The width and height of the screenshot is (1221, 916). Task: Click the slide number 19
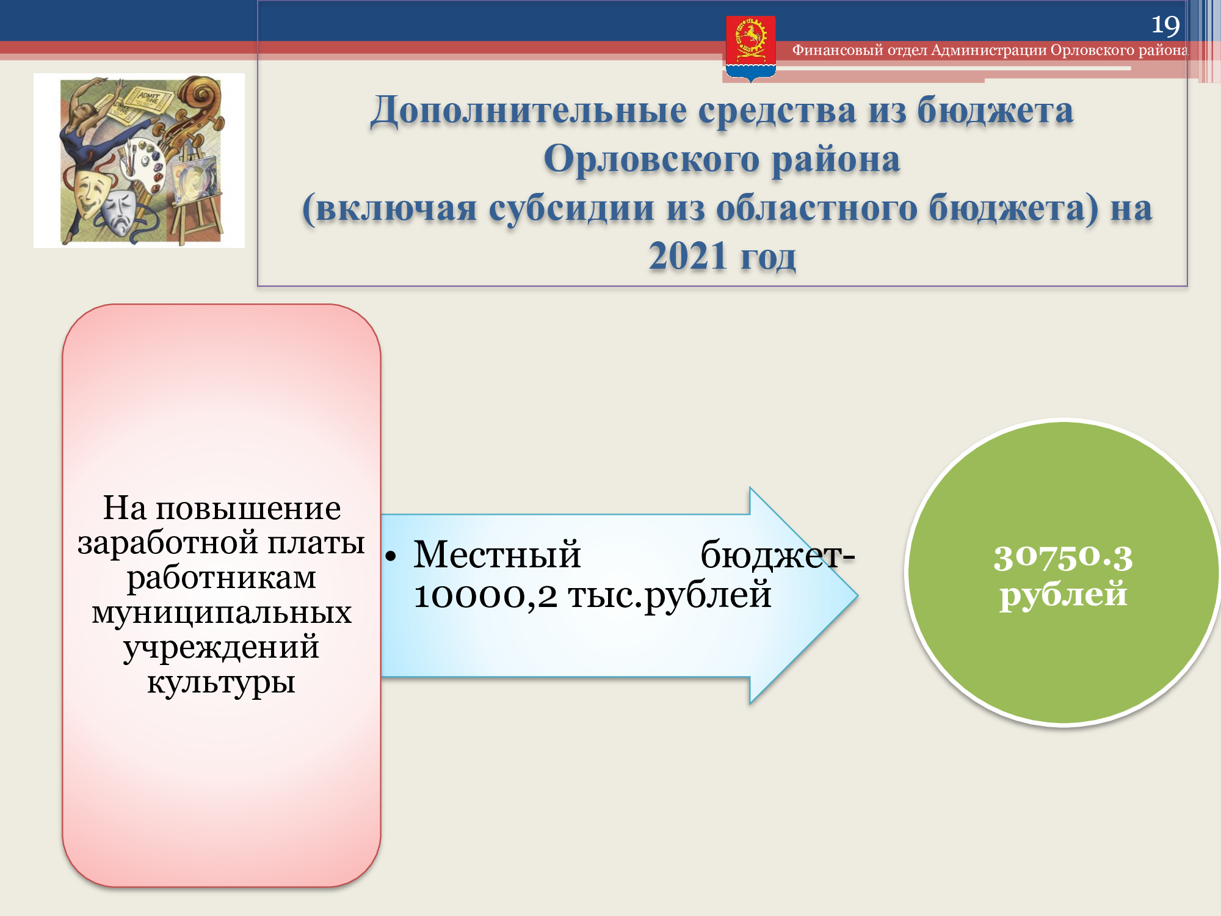click(1165, 25)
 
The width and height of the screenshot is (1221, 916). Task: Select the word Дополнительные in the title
click(529, 111)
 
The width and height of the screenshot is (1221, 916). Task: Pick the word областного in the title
click(817, 208)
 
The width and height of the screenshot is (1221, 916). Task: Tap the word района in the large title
click(836, 160)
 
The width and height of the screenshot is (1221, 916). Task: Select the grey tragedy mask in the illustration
click(120, 211)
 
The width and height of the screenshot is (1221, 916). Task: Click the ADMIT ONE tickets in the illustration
click(138, 104)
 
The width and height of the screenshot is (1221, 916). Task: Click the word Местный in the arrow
click(497, 554)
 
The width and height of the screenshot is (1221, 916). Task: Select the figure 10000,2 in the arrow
click(485, 595)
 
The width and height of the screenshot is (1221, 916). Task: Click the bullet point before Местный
click(391, 556)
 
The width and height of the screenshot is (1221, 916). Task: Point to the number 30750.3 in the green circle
click(1063, 557)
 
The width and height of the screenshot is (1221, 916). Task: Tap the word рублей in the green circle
click(1063, 595)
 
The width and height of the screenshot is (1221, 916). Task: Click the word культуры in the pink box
click(222, 683)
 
